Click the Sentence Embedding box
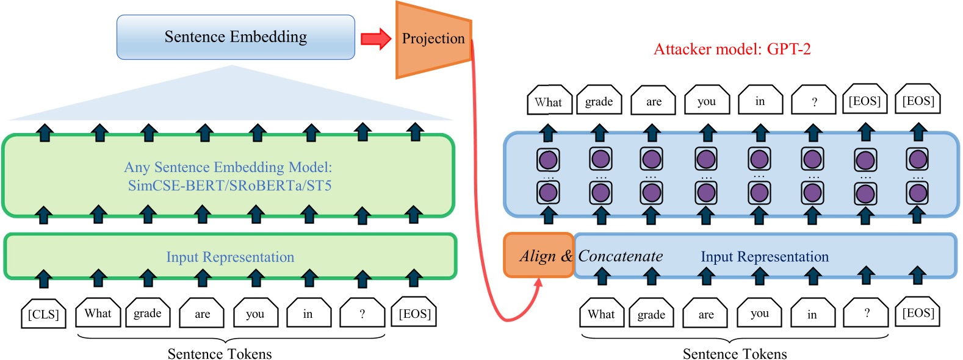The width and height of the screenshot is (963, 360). pos(236,37)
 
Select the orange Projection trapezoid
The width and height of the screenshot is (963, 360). pos(433,40)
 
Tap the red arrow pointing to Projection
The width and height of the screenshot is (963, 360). pos(375,38)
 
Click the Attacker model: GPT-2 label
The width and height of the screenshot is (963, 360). pos(732,49)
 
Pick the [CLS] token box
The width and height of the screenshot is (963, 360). pos(43,314)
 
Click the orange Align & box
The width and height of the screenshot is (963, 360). pos(538,256)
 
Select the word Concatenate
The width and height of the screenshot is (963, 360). pos(620,256)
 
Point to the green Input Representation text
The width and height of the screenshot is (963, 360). pos(230,257)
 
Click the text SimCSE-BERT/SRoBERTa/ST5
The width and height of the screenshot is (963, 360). pos(229,185)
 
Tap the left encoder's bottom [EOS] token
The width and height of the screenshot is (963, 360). pos(414,314)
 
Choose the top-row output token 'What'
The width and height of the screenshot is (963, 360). pos(549,101)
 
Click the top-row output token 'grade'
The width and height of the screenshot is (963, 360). pos(599,101)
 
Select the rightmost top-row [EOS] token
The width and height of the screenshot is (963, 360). pos(918,101)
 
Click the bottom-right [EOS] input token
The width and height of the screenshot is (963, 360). pos(918,313)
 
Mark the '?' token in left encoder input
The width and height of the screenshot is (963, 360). pos(362,314)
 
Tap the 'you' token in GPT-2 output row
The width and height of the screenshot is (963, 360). pos(706,101)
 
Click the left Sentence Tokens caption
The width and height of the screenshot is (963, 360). pos(220,353)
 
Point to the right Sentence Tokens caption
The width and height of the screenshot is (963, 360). pos(734,353)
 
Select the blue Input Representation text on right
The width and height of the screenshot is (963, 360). pos(764,257)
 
